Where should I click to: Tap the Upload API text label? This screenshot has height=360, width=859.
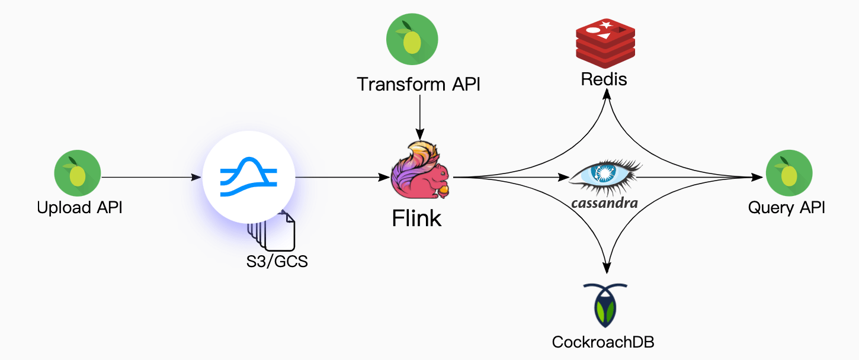coord(79,208)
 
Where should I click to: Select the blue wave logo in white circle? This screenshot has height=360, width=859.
coord(249,177)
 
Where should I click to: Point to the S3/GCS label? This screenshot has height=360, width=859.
coord(277,261)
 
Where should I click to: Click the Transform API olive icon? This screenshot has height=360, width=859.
coord(412,39)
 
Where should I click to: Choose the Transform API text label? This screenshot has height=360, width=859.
coord(418,84)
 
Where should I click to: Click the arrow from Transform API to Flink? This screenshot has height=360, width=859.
coord(419,115)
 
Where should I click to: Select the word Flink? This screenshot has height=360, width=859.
coord(416,218)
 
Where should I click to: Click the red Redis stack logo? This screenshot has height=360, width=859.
coord(605,40)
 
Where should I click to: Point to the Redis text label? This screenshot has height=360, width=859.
coord(604,79)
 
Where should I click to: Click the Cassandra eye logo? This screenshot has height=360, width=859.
coord(605,175)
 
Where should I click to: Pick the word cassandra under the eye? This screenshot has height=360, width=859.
coord(605,203)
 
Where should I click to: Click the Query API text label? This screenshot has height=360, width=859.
coord(787,208)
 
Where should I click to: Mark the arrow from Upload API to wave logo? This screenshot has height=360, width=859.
coord(151,177)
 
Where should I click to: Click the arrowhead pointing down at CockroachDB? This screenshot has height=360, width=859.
coord(606,268)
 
